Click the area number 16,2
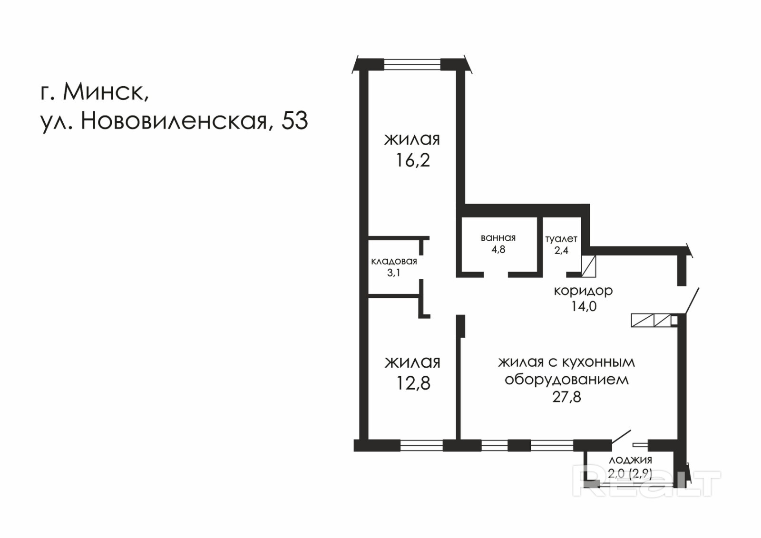pyautogui.click(x=413, y=160)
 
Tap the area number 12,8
pyautogui.click(x=413, y=383)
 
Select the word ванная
pyautogui.click(x=498, y=238)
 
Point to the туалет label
pyautogui.click(x=561, y=239)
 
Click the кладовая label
pyautogui.click(x=394, y=261)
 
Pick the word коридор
pyautogui.click(x=583, y=291)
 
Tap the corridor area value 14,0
pyautogui.click(x=584, y=306)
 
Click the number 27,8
pyautogui.click(x=566, y=397)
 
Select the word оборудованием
pyautogui.click(x=566, y=380)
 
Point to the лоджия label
pyautogui.click(x=631, y=460)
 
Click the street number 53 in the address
pyautogui.click(x=294, y=120)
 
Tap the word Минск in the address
pyautogui.click(x=106, y=92)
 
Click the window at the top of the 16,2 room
pyautogui.click(x=412, y=65)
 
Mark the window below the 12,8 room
pyautogui.click(x=421, y=445)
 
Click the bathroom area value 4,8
pyautogui.click(x=498, y=249)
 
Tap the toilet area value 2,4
pyautogui.click(x=561, y=251)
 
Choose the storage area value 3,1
pyautogui.click(x=393, y=273)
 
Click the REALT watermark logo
pyautogui.click(x=646, y=484)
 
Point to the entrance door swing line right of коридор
pyautogui.click(x=693, y=301)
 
